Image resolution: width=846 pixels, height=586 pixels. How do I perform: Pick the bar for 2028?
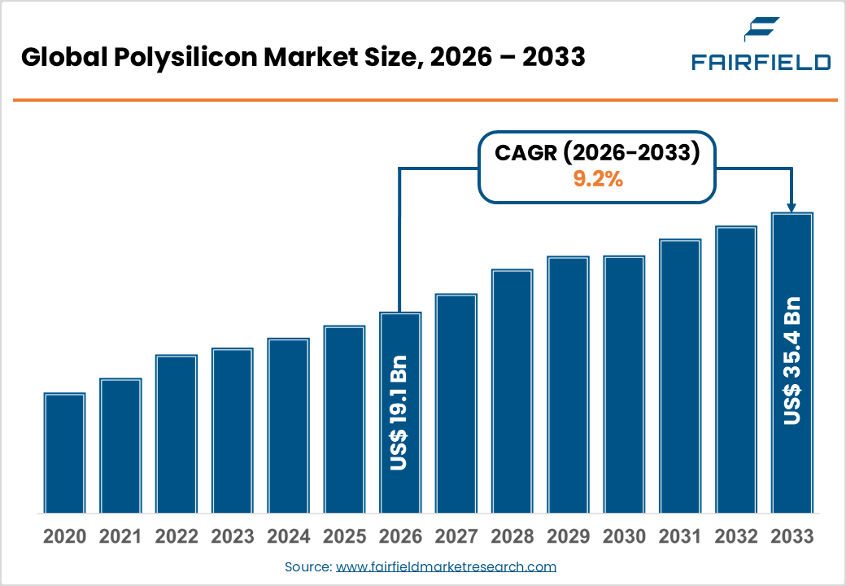[512, 391]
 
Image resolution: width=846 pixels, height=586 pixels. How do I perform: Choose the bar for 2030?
[624, 384]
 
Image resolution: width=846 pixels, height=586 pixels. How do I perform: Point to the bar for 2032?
[735, 370]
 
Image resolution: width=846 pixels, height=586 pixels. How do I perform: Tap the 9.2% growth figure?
[598, 180]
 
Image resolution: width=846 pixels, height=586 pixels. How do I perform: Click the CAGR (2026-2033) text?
[598, 154]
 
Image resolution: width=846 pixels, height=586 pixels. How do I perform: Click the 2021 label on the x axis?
[120, 537]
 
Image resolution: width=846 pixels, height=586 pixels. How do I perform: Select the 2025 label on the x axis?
[344, 537]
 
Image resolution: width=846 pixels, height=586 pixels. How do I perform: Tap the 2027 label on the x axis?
[456, 537]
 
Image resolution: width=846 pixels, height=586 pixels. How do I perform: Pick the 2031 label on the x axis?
[679, 537]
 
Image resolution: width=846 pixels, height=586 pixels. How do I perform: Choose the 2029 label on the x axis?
[568, 537]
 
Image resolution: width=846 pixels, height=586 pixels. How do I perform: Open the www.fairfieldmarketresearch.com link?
[446, 566]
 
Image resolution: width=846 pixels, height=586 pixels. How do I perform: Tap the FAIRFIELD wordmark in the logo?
[761, 62]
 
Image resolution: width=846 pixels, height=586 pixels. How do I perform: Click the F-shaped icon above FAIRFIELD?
[761, 30]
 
